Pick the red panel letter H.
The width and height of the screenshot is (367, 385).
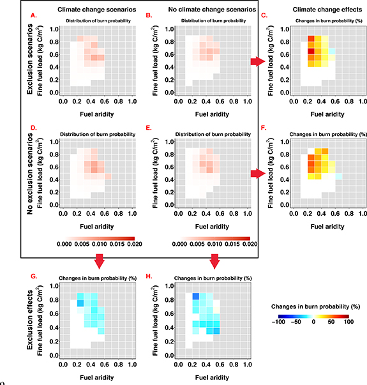tap(149, 276)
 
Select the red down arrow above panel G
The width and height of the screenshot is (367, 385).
tap(98, 261)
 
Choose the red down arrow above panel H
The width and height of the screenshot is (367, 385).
tap(215, 261)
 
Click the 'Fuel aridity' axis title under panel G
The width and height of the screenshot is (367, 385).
tap(97, 377)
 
